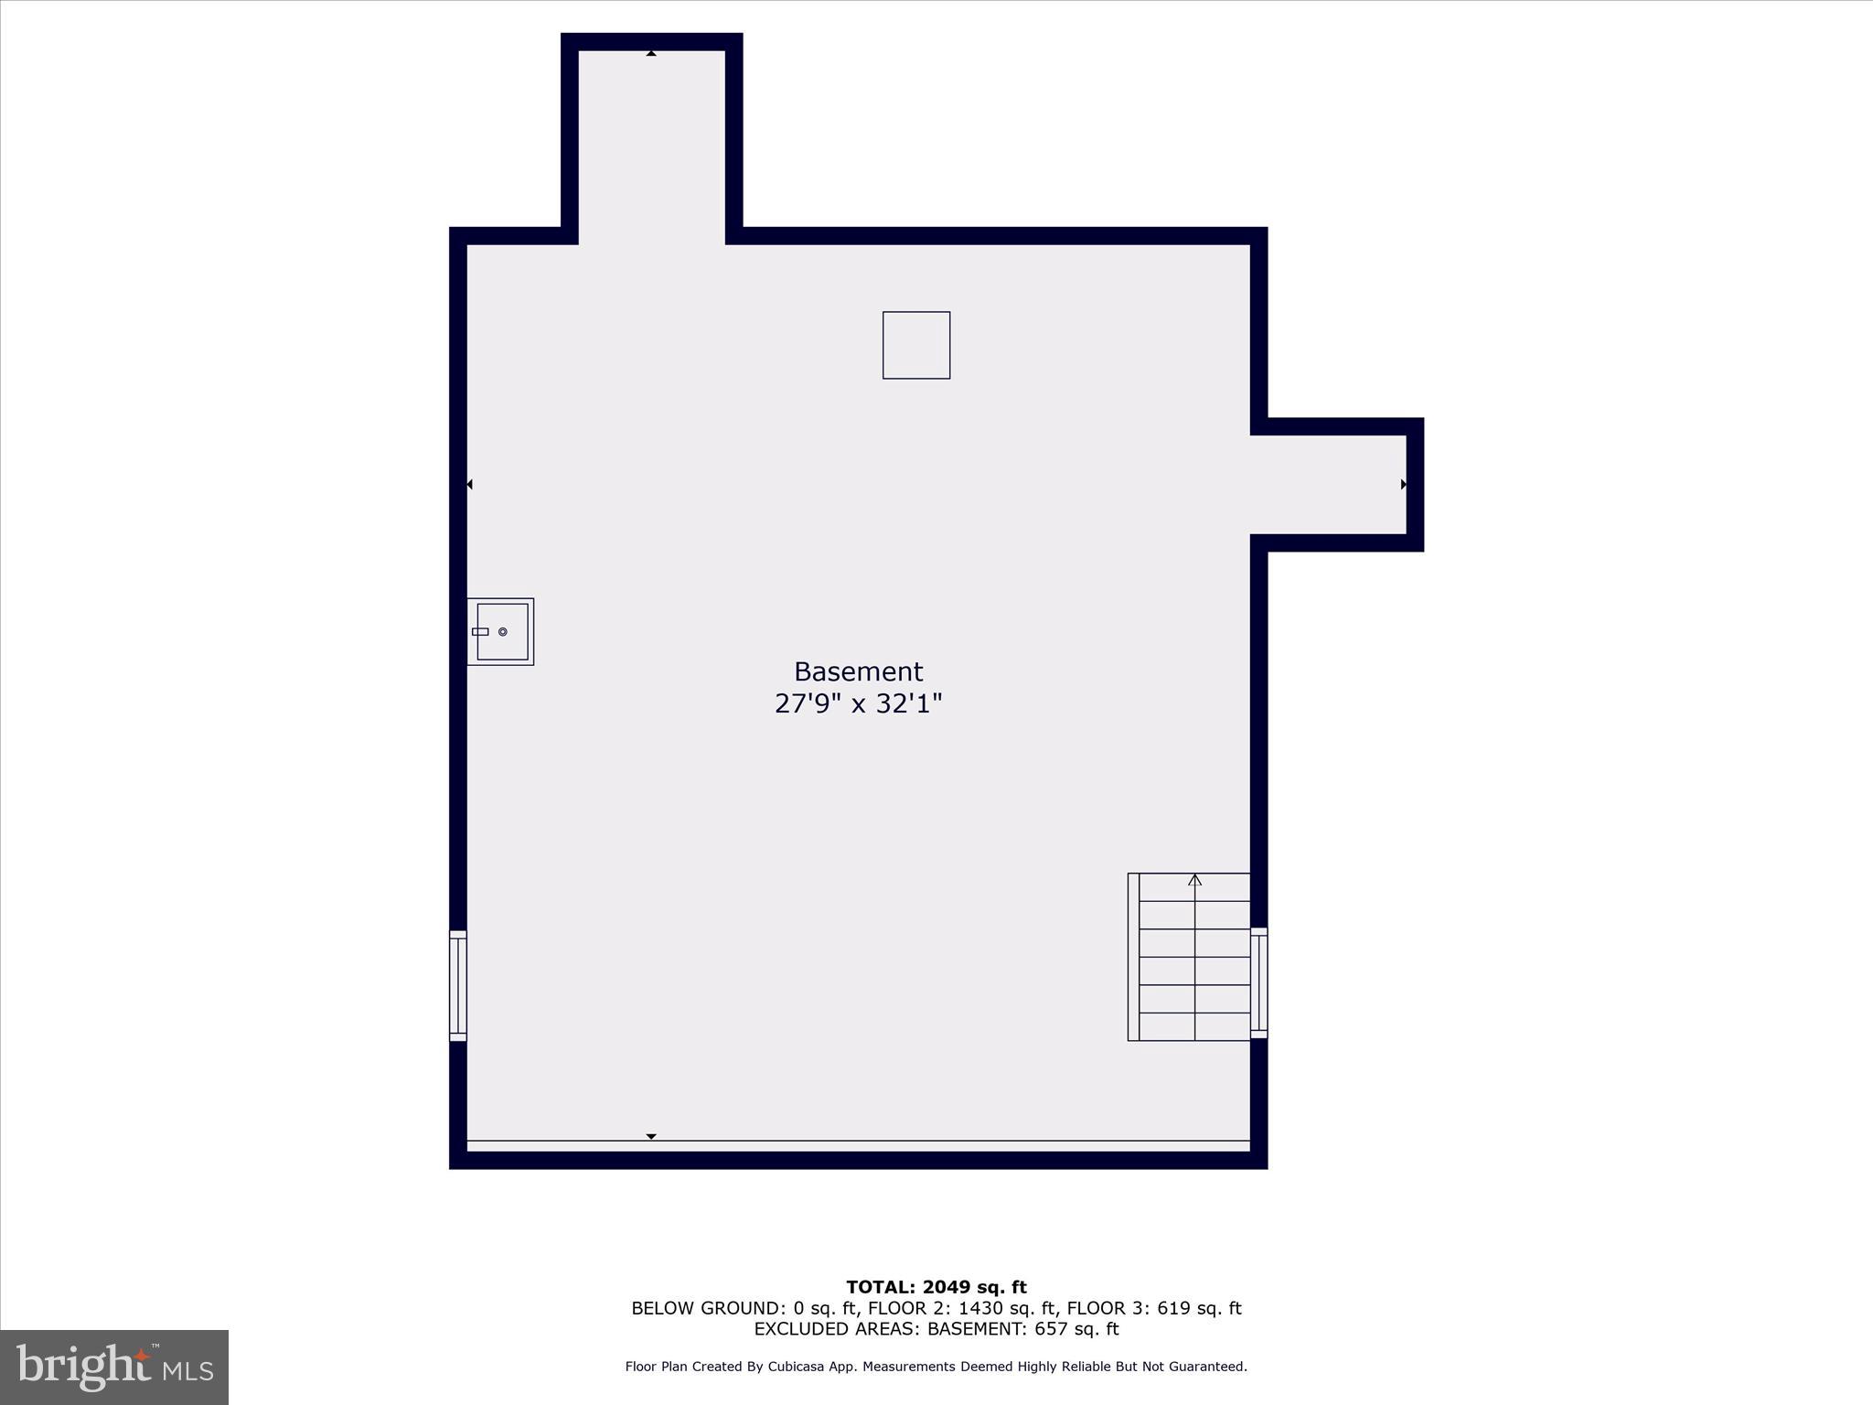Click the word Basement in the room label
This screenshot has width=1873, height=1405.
858,671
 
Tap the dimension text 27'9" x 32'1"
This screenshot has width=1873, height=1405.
858,703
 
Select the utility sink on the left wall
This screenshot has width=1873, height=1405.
501,631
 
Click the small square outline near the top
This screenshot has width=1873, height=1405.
915,345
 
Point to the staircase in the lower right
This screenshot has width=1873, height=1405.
1189,957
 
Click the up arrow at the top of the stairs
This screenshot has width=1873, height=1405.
1194,880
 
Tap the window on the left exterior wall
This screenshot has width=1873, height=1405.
458,985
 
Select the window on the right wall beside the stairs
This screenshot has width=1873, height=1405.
1258,982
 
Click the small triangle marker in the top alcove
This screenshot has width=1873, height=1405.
651,54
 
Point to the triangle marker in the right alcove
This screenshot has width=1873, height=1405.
1403,484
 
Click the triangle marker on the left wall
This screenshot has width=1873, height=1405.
470,484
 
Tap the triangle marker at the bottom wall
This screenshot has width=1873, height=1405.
651,1136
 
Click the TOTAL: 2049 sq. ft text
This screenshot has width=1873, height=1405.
936,1288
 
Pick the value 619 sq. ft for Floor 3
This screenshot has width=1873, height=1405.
1199,1308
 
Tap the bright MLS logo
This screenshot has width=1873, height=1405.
114,1367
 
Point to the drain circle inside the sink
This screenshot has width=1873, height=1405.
503,632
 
